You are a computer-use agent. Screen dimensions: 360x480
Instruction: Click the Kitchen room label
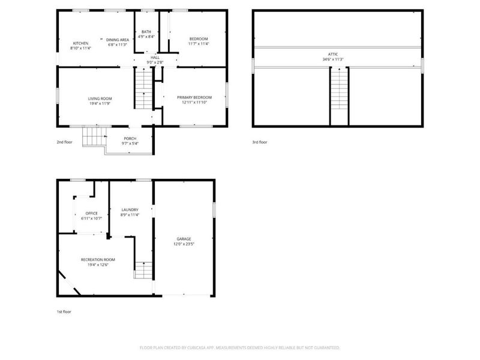point(80,43)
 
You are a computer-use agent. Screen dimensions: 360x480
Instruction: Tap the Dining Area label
point(118,40)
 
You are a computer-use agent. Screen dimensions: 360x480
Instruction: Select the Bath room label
point(146,32)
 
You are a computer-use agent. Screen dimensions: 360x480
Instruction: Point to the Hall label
point(155,57)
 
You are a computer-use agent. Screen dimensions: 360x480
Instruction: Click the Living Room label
point(100,98)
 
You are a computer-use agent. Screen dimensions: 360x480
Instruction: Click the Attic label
point(337,55)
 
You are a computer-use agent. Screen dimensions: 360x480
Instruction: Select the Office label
point(91,213)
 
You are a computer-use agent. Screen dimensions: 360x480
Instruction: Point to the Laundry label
point(130,209)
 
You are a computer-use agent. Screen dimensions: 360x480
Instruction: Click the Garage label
point(184,239)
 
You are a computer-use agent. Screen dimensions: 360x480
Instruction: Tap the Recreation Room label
point(98,259)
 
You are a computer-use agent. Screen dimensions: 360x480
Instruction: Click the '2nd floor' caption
point(64,142)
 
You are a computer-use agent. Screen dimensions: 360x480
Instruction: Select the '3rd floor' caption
point(260,142)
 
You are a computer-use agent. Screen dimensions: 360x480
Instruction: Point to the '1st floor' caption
point(64,311)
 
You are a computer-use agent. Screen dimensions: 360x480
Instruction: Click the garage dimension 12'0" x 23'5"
point(184,244)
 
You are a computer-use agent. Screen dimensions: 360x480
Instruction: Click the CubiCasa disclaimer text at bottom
point(239,347)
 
